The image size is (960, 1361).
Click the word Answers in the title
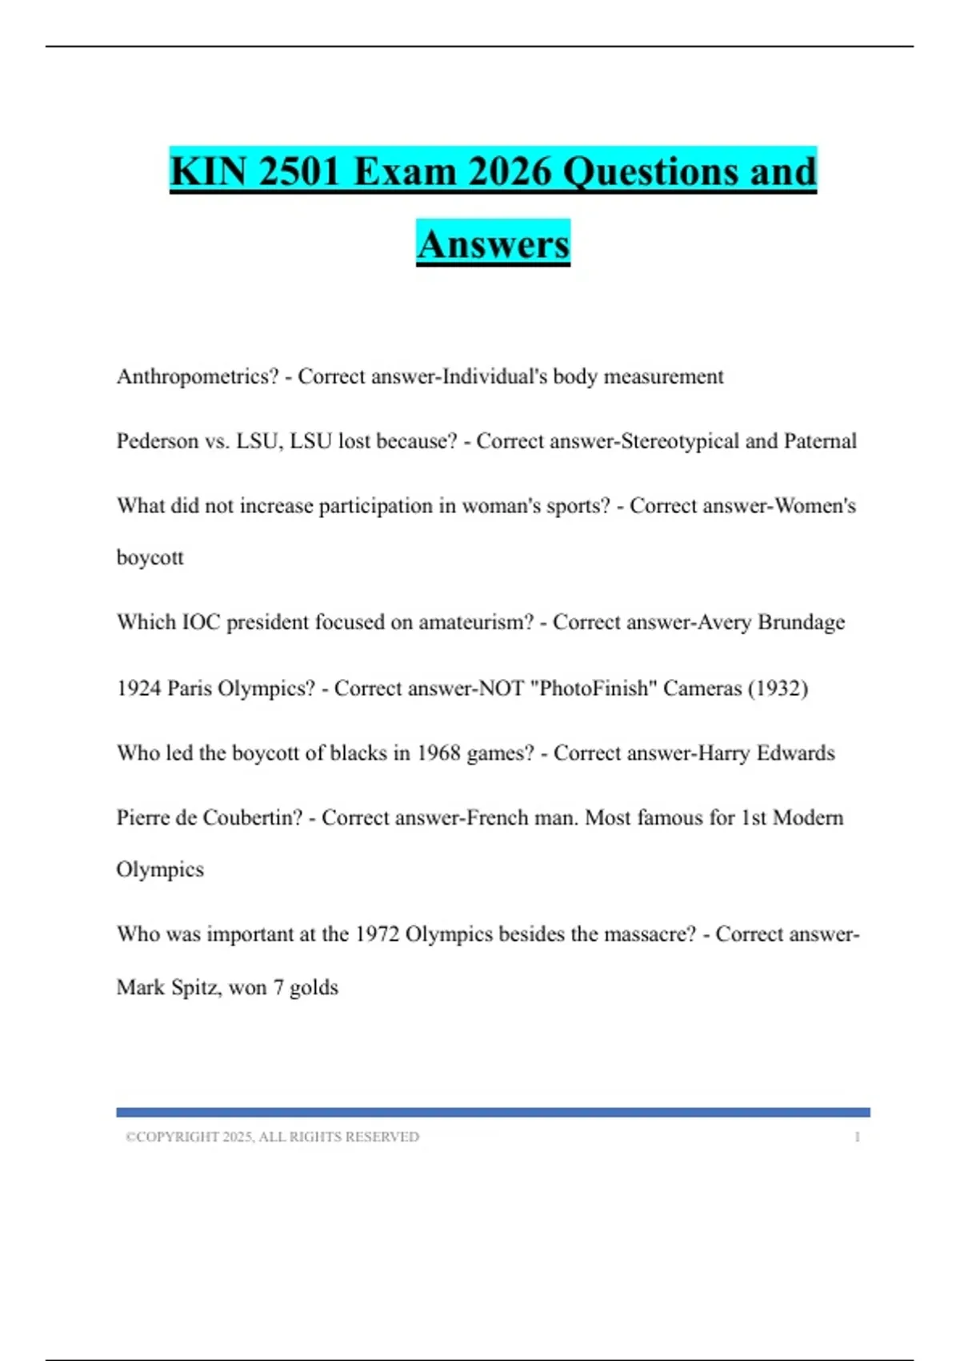493,243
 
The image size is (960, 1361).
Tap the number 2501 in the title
300,171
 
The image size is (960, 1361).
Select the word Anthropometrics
197,376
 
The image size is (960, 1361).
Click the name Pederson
157,441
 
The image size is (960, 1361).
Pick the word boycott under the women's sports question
150,557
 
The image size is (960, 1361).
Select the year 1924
138,689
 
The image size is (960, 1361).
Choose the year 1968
438,753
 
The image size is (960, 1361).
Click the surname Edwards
795,753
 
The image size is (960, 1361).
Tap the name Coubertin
253,818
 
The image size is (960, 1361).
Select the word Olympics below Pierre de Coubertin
160,869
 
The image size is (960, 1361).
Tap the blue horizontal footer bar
493,1112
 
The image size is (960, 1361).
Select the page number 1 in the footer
857,1137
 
